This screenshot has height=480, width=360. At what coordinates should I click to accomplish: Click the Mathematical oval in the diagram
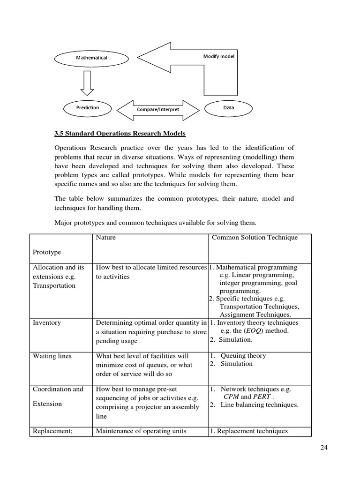point(92,58)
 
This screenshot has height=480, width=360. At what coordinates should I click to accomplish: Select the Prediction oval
point(88,108)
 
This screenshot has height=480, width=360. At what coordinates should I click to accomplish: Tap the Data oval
point(229,108)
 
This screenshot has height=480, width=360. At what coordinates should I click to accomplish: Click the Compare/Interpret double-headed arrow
point(158,109)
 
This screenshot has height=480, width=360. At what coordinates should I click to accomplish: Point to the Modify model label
point(218,56)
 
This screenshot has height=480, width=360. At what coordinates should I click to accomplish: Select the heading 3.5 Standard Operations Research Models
point(120,134)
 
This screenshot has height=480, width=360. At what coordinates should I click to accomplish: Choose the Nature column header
point(105,238)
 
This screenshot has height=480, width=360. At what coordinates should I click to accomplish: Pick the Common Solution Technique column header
point(255,238)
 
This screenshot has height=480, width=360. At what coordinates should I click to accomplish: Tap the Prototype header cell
point(47,252)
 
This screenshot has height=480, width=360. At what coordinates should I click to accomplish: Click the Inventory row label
point(47,323)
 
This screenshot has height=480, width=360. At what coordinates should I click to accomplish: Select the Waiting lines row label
point(52,356)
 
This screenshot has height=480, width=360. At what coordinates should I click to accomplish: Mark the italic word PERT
point(262,397)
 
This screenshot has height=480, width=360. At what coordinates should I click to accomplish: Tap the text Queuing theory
point(243,356)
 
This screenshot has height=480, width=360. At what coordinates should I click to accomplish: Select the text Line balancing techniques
point(259,405)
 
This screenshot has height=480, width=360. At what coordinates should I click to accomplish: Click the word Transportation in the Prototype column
point(54,286)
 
